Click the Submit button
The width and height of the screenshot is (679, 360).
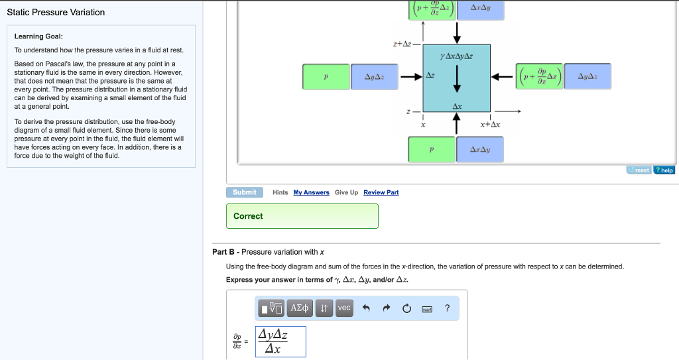[x=245, y=192]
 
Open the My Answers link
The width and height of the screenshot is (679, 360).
[x=311, y=192]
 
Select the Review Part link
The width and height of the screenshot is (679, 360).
[x=381, y=192]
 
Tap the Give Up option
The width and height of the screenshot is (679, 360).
[x=346, y=192]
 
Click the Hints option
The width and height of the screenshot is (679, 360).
[x=280, y=192]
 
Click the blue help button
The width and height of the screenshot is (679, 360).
[x=664, y=170]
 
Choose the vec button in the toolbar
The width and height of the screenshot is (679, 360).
[x=344, y=308]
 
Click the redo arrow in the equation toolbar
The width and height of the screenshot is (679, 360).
[x=386, y=308]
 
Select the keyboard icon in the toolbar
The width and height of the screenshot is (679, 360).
[x=427, y=308]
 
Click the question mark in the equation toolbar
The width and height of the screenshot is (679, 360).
[x=447, y=308]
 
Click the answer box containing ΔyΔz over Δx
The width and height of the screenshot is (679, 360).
[x=280, y=341]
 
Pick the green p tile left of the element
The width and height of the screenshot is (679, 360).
[x=326, y=77]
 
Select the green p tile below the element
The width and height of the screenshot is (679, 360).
[x=432, y=149]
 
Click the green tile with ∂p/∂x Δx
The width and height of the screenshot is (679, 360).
[x=542, y=77]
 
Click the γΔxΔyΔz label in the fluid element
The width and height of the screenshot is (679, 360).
[x=456, y=56]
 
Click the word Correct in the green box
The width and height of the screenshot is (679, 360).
[x=248, y=216]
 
